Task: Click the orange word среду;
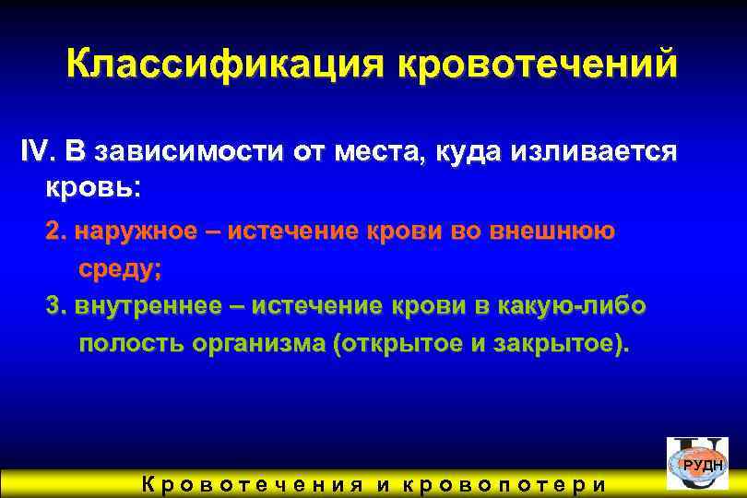pos(120,269)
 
